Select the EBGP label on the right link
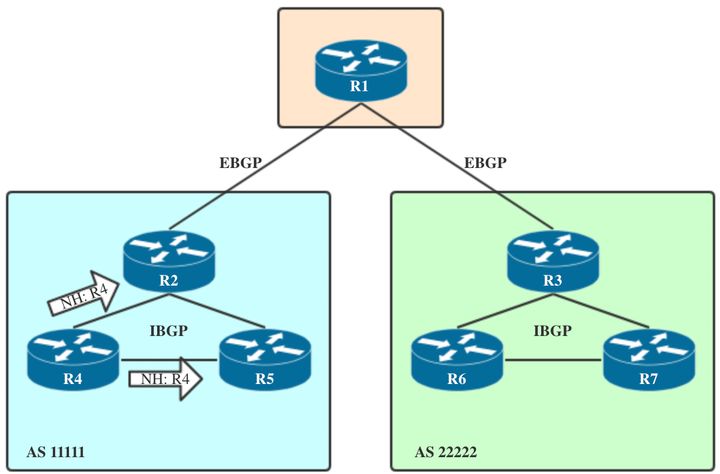pyautogui.click(x=485, y=162)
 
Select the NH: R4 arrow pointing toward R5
pyautogui.click(x=165, y=379)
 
